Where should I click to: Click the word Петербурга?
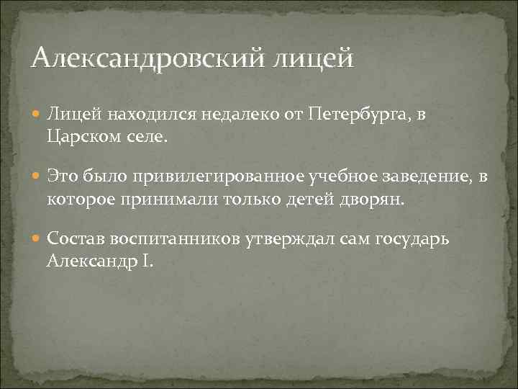tap(363, 115)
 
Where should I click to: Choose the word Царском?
tap(81, 135)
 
